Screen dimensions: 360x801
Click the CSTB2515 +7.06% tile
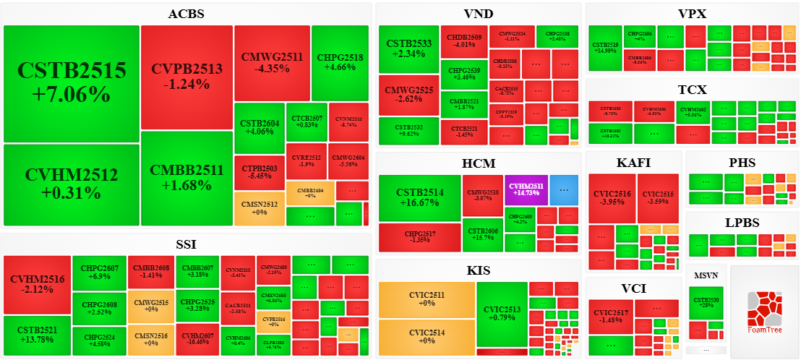click(x=72, y=83)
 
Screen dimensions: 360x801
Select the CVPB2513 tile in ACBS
click(x=187, y=77)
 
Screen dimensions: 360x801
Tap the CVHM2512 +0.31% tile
click(x=72, y=184)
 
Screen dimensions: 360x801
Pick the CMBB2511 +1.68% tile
click(x=187, y=178)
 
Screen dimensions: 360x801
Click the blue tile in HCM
click(x=564, y=190)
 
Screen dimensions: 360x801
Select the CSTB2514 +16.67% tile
click(x=420, y=198)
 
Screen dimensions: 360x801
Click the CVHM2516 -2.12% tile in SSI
click(x=37, y=284)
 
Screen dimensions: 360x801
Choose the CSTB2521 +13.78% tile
click(x=37, y=335)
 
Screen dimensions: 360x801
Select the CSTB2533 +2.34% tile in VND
click(x=408, y=48)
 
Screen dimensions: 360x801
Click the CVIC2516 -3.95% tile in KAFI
click(x=612, y=198)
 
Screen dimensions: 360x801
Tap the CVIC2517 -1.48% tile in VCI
click(x=612, y=316)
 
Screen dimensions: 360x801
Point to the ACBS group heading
click(x=186, y=14)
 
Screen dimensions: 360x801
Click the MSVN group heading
click(x=706, y=275)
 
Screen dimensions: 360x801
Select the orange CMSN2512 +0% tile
click(x=259, y=209)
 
